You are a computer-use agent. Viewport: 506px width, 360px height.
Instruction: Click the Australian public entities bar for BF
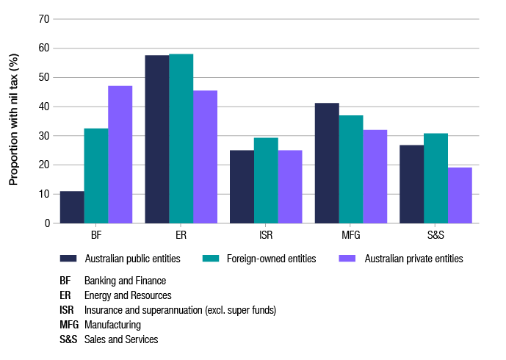[x=72, y=207]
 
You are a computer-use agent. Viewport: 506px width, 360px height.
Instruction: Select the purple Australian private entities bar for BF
[x=120, y=154]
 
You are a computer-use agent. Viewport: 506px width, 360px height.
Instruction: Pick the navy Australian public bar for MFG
[x=327, y=163]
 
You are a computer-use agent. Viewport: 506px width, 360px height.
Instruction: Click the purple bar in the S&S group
[x=460, y=195]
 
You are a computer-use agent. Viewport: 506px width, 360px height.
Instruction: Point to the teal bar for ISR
[x=266, y=181]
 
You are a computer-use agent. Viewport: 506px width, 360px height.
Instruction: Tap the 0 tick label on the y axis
[x=46, y=223]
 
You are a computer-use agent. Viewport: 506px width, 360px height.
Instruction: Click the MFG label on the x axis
[x=350, y=234]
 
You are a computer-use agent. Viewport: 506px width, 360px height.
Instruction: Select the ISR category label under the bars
[x=266, y=234]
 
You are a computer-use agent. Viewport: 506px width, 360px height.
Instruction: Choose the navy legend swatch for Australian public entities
[x=68, y=259]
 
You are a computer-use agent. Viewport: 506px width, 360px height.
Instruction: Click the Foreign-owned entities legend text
[x=271, y=259]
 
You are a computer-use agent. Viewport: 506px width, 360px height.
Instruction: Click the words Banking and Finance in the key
[x=125, y=281]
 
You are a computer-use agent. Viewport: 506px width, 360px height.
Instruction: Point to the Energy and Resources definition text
[x=128, y=295]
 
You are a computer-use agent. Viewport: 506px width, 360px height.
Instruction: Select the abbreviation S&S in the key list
[x=69, y=339]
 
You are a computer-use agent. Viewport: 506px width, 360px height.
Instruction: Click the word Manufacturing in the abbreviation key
[x=112, y=325]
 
